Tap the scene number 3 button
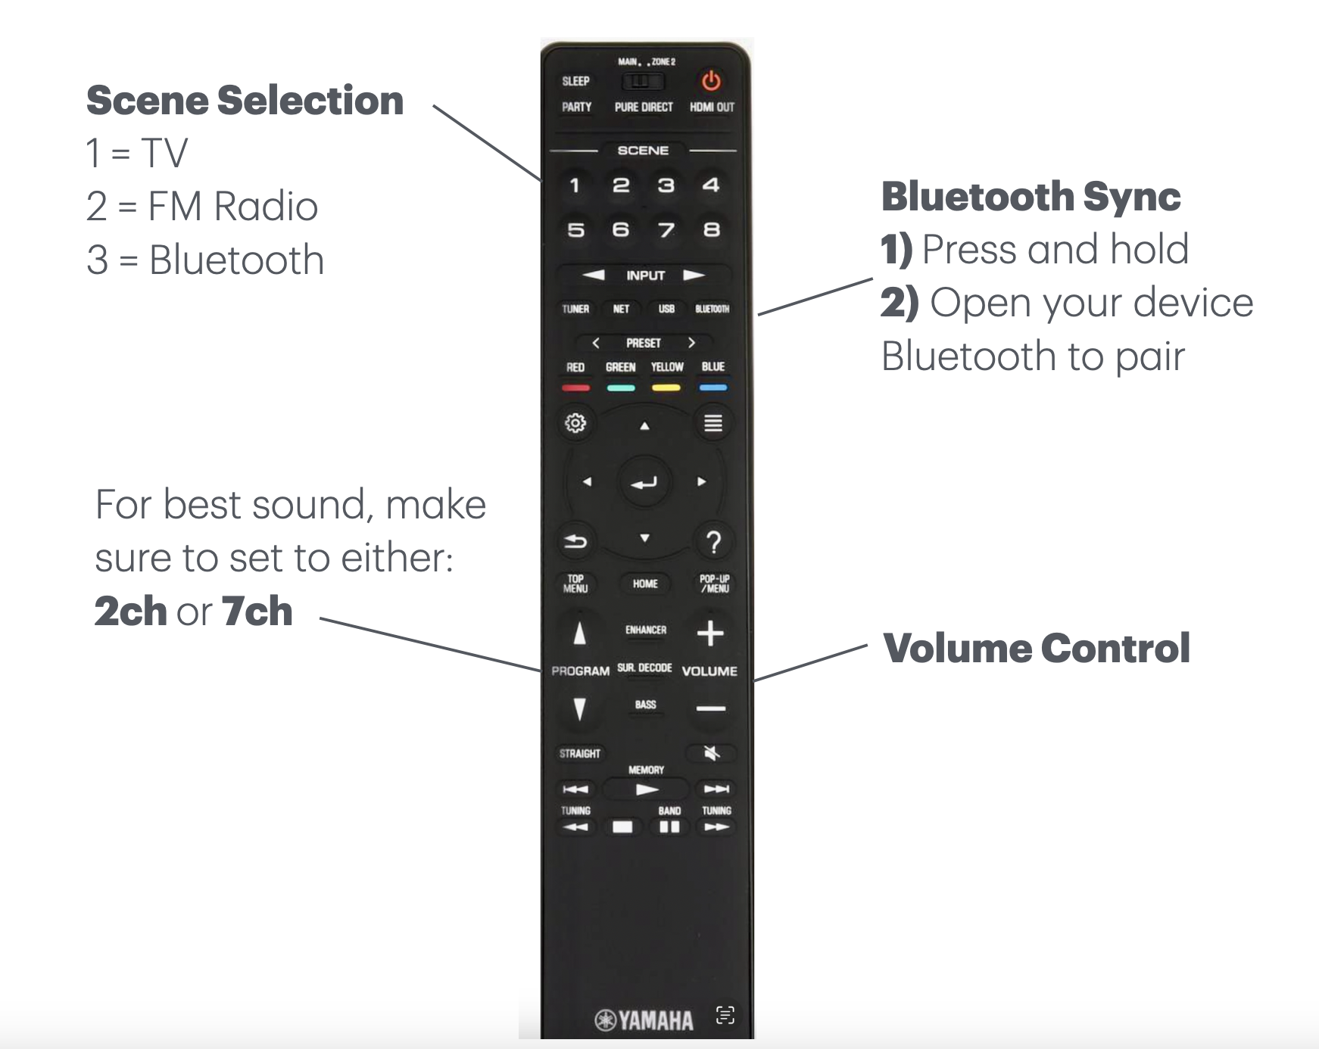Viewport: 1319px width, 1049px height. click(666, 185)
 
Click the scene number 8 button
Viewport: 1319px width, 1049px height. click(711, 229)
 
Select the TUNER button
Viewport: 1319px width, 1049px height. click(575, 309)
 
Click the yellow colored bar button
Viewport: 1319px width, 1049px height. click(666, 388)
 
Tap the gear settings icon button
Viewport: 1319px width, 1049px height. click(575, 422)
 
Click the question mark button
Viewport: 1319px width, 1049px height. click(713, 542)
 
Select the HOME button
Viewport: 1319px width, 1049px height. click(645, 584)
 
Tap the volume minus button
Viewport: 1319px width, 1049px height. click(711, 708)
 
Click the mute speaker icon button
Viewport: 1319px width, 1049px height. click(711, 753)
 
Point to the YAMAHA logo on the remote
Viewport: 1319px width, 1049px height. click(645, 1020)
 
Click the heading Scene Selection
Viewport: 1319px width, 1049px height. click(245, 101)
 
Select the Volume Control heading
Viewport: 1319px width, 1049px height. click(1037, 649)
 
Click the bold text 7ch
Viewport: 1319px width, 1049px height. click(257, 612)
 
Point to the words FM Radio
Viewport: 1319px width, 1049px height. click(232, 207)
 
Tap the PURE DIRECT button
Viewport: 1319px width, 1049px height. click(644, 107)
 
